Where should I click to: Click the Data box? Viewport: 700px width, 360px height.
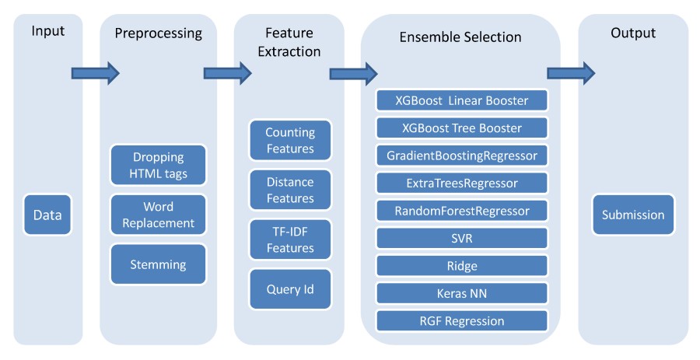[x=47, y=215]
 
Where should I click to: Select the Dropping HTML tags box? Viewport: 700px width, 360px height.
[x=158, y=165]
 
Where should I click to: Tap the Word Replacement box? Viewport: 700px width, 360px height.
[x=158, y=215]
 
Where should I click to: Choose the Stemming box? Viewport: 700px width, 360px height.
[x=158, y=264]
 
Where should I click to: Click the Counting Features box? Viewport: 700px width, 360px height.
[x=290, y=140]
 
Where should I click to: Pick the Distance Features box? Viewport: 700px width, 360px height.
[x=290, y=190]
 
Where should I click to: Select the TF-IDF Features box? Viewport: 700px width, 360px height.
[x=290, y=239]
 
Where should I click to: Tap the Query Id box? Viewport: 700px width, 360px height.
[x=290, y=289]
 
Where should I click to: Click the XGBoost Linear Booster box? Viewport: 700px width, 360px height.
[x=462, y=100]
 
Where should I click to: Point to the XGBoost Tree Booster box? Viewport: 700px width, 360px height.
[x=462, y=128]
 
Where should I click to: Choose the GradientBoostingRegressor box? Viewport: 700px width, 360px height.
[x=462, y=156]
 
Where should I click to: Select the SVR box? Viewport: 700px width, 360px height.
[x=462, y=238]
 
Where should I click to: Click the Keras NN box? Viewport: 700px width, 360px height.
[x=462, y=293]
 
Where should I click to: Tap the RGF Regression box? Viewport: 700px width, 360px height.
[x=462, y=320]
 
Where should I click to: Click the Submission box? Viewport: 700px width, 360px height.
[x=633, y=215]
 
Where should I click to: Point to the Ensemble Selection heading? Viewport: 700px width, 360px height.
[x=460, y=37]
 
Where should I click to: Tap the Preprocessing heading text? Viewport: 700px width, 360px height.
[x=158, y=33]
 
